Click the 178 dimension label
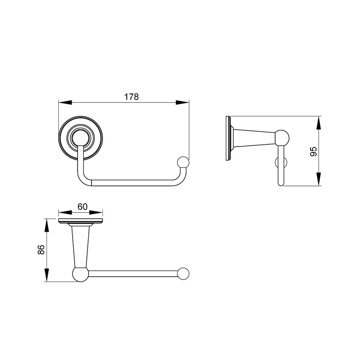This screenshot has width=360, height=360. [x=132, y=97]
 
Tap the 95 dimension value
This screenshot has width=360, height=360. [x=313, y=151]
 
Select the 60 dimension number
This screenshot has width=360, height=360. [x=83, y=207]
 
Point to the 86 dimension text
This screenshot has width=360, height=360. [x=41, y=249]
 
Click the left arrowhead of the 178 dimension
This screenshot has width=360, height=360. [x=65, y=102]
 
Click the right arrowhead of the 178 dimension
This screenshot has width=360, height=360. [x=183, y=102]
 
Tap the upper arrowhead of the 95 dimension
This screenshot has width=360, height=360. [x=318, y=123]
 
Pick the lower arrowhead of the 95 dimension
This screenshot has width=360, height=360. [x=318, y=179]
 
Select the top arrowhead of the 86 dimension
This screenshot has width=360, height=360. [x=47, y=225]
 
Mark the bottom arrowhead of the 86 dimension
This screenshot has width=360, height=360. [x=47, y=275]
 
